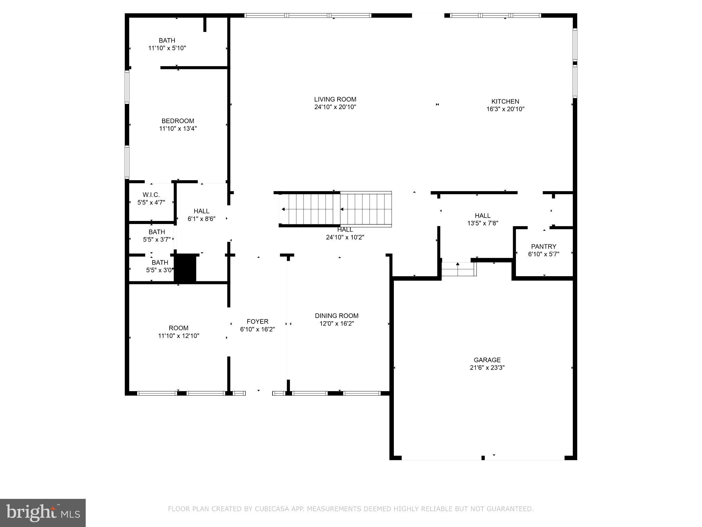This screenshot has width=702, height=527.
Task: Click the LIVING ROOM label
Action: point(335,99)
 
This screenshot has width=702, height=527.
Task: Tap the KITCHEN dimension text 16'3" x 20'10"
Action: point(505,109)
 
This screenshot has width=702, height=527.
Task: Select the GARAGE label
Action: point(487,360)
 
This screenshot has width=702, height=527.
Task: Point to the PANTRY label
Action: point(543,246)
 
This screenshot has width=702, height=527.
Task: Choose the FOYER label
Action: point(257,321)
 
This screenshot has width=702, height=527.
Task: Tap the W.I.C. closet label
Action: point(151,195)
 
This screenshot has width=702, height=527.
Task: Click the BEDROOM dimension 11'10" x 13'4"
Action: point(178,129)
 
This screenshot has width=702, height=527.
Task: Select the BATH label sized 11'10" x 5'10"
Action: point(167,40)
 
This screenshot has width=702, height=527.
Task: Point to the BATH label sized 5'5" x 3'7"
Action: point(157,232)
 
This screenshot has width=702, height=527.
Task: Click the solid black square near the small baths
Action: point(185,268)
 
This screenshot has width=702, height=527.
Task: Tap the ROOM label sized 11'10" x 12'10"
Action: point(178,328)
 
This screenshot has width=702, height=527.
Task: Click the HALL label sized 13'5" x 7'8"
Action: point(482,215)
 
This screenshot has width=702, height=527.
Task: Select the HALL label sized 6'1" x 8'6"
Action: point(201,211)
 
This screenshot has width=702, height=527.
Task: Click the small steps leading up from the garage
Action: point(458,269)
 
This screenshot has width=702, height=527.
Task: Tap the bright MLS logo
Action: point(43,513)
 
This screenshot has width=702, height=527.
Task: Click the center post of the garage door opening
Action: point(483,458)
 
